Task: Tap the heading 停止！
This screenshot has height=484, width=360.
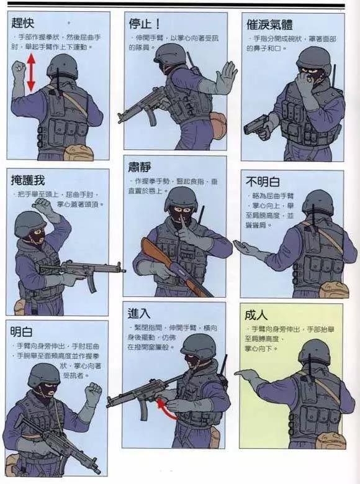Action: [145, 24]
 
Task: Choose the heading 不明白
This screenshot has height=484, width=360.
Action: [263, 181]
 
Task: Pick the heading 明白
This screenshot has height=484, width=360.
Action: [22, 332]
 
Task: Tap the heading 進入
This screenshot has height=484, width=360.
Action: [140, 313]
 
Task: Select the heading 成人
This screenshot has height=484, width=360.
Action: [257, 315]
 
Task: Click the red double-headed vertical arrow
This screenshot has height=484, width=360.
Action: [30, 72]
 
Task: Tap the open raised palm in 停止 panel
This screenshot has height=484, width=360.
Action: [225, 78]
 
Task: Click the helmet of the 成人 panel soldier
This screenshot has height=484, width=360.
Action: [314, 351]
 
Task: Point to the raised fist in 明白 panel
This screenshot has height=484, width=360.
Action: [93, 393]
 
